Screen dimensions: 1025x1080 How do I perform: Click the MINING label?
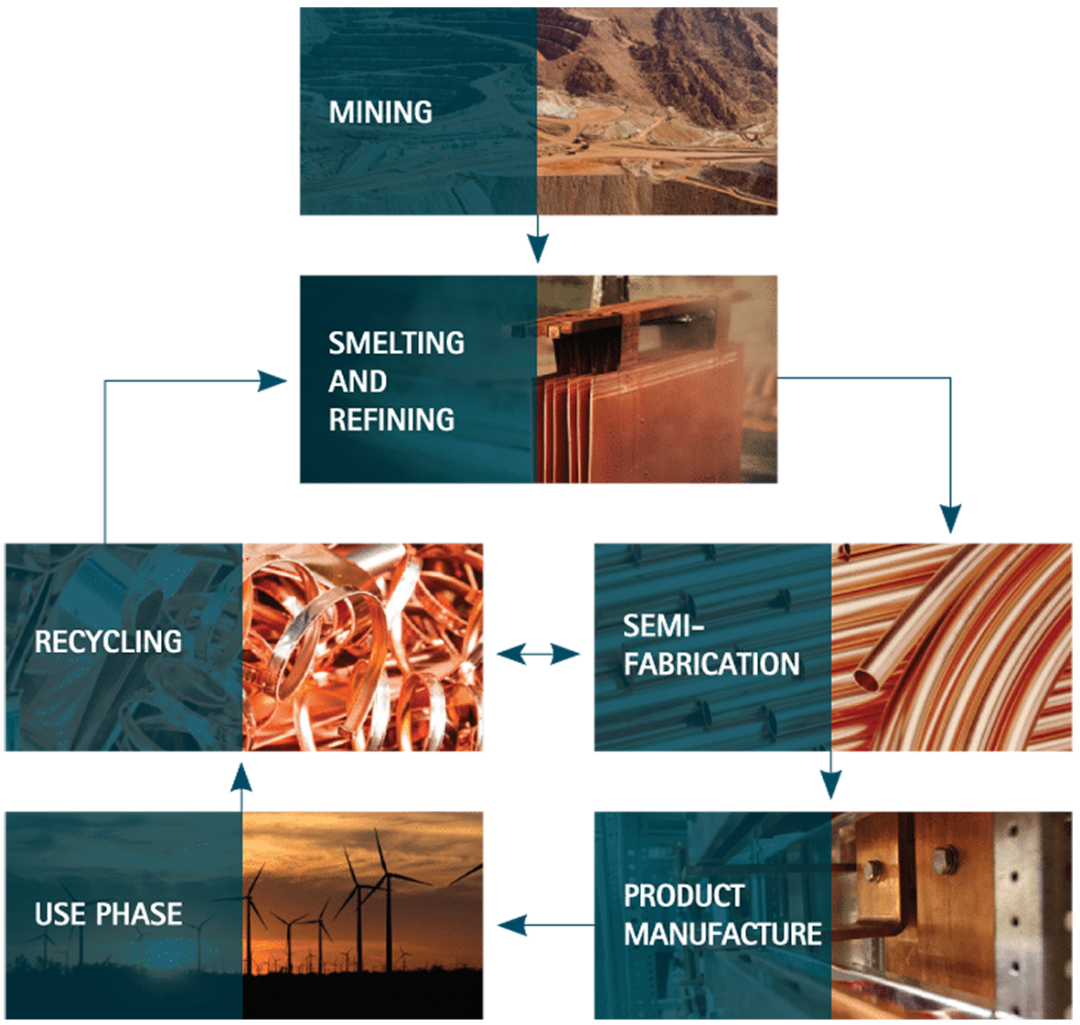tap(380, 112)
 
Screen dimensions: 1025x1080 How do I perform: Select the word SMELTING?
tap(396, 343)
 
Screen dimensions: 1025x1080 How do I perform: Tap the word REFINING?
tap(391, 420)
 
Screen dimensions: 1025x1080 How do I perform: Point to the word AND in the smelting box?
tap(357, 381)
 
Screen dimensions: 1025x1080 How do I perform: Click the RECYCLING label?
tap(108, 642)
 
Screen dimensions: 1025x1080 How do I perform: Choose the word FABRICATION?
tap(711, 664)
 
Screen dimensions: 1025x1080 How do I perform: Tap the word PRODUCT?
tap(683, 896)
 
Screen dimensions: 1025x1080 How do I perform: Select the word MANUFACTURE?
tap(722, 934)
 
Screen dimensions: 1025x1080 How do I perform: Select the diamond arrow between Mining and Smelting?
tap(538, 243)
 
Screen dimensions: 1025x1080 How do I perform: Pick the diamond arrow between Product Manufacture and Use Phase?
tap(538, 924)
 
